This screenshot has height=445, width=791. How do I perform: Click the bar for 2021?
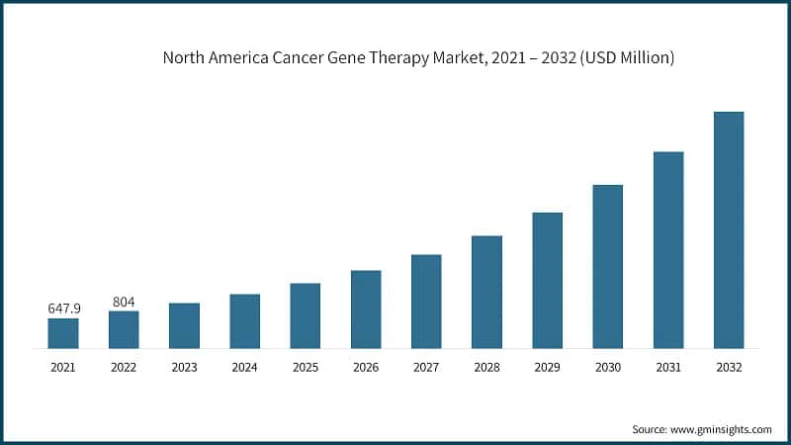point(63,333)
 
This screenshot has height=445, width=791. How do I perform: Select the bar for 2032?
point(729,229)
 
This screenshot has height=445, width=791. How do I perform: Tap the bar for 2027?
point(426,302)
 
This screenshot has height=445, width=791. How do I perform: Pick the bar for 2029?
point(548,280)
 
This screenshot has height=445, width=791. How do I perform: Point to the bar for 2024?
point(245,321)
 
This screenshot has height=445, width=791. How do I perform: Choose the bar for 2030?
point(608,266)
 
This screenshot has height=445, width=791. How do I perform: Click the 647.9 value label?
point(64,309)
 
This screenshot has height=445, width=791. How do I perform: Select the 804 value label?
point(124,302)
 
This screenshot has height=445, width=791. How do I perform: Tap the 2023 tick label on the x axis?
point(185,367)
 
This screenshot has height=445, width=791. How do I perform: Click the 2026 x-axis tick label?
point(366,367)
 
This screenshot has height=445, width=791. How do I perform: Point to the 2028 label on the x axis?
point(486,367)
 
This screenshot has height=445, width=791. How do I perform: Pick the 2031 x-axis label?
point(668,367)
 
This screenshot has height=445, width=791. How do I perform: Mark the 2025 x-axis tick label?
point(306,367)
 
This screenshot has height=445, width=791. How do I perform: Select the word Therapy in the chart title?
point(432,58)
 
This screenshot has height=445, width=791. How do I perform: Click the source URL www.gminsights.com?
point(723,429)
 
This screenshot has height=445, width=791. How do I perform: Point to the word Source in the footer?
point(651,429)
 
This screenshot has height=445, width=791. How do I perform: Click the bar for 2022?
point(124,329)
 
